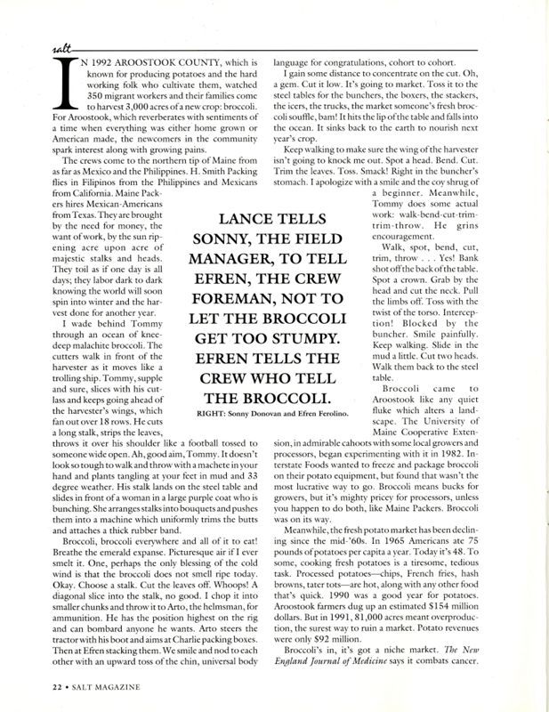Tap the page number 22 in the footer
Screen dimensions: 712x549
tap(34, 687)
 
